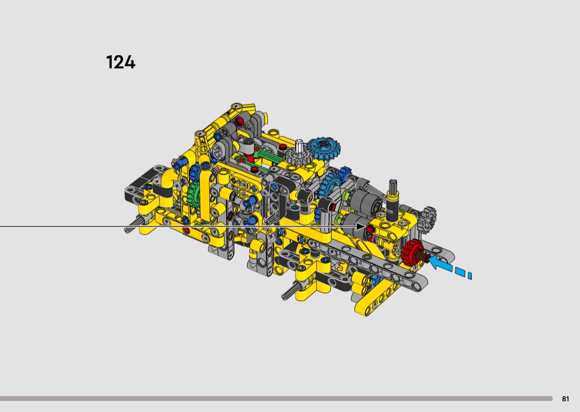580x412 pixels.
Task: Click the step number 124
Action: (120, 62)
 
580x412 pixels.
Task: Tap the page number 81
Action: (565, 399)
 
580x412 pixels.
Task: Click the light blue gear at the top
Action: (324, 147)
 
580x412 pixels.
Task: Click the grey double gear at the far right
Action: (428, 217)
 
